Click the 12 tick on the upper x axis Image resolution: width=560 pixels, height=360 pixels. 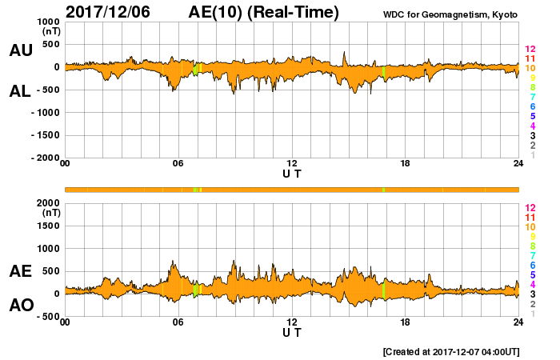pos(292,164)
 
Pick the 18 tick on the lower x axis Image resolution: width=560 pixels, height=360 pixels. pos(406,322)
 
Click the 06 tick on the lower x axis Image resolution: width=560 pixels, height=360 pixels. pos(178,322)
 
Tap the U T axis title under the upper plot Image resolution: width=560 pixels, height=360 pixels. pos(292,174)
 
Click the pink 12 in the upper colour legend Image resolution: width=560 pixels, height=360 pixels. pos(530,50)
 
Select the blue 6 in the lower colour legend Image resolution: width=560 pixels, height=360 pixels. pos(530,265)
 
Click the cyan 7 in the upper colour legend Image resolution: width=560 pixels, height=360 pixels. pos(530,97)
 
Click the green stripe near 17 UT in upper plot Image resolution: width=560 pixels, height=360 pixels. pos(383,72)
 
